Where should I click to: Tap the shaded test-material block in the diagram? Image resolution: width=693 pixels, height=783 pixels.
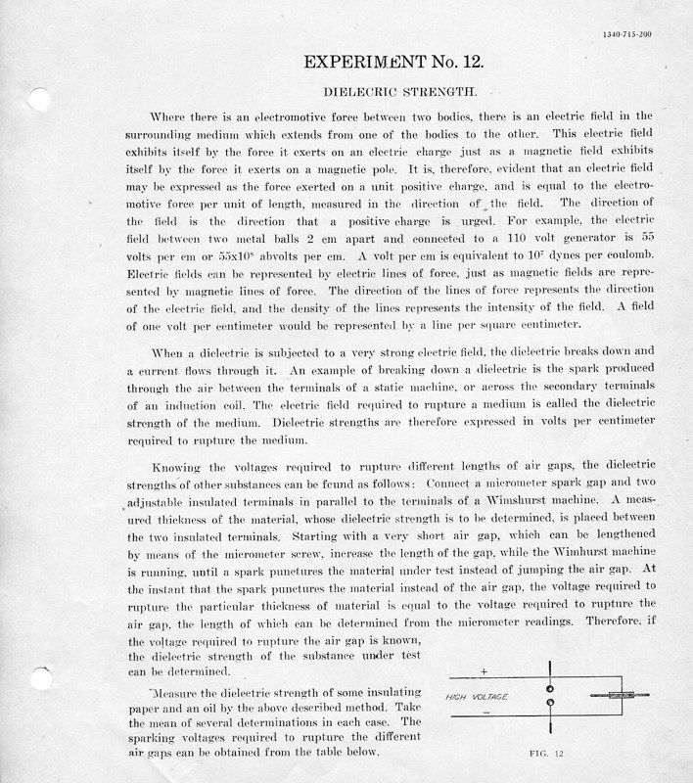pyautogui.click(x=621, y=696)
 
